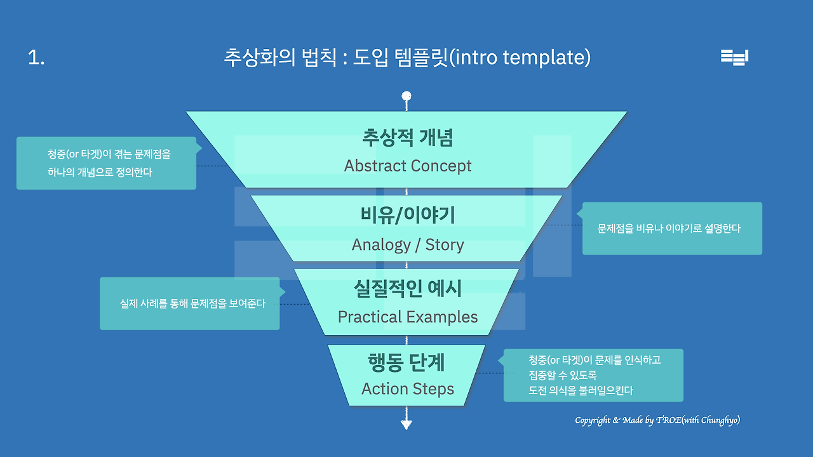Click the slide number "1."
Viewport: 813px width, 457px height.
click(x=36, y=58)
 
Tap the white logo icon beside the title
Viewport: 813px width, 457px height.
click(x=734, y=57)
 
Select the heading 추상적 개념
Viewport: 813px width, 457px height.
click(x=407, y=137)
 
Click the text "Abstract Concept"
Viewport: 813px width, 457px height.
click(x=407, y=166)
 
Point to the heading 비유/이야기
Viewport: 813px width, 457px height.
click(x=407, y=216)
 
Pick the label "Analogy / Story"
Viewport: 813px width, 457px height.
click(x=407, y=245)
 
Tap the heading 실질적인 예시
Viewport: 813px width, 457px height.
click(x=407, y=289)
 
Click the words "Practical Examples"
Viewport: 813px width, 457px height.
click(x=407, y=317)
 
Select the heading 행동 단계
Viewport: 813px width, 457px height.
click(x=407, y=362)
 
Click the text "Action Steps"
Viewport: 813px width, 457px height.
click(x=407, y=389)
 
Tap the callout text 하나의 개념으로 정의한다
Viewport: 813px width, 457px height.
click(x=100, y=172)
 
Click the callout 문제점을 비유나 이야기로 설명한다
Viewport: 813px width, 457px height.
click(x=669, y=228)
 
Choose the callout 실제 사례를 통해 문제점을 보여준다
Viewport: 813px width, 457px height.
click(x=192, y=303)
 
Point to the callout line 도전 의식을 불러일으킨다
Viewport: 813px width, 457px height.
click(x=581, y=391)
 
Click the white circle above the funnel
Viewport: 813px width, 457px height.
click(x=406, y=97)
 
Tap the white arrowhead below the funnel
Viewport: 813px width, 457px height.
click(x=406, y=424)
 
